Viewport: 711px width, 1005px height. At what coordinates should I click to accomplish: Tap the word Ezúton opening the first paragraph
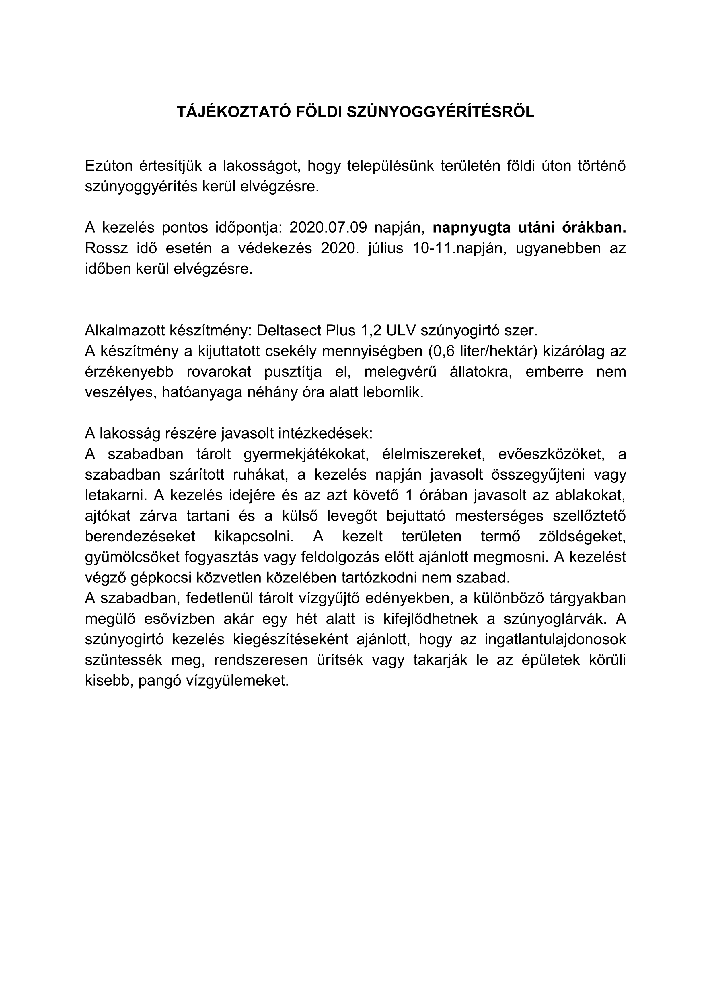[x=108, y=166]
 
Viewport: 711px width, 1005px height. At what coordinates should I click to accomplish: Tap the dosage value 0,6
[x=443, y=351]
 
